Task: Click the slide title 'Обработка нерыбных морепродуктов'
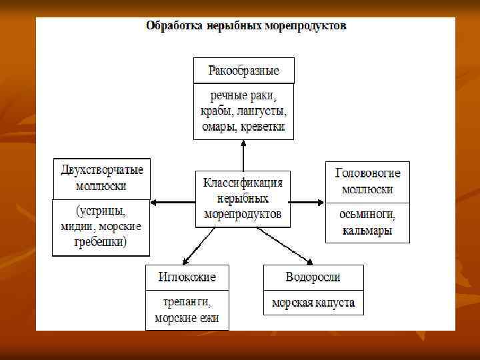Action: [x=246, y=27]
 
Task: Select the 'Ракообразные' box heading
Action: [x=243, y=70]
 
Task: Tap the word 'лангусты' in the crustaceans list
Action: [x=263, y=111]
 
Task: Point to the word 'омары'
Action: [x=220, y=126]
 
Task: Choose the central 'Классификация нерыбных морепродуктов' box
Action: [x=243, y=198]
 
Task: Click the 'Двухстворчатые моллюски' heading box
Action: [x=102, y=178]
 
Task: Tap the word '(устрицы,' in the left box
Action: [x=102, y=211]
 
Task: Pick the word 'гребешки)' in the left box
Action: [x=102, y=242]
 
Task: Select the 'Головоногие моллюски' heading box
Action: [x=367, y=181]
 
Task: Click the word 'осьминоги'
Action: [x=367, y=215]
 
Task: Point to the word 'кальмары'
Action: [x=367, y=231]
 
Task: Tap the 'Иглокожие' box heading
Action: [x=187, y=277]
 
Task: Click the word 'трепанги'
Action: [x=187, y=302]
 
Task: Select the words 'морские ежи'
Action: [x=187, y=318]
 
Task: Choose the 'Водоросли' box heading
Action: [x=313, y=277]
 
